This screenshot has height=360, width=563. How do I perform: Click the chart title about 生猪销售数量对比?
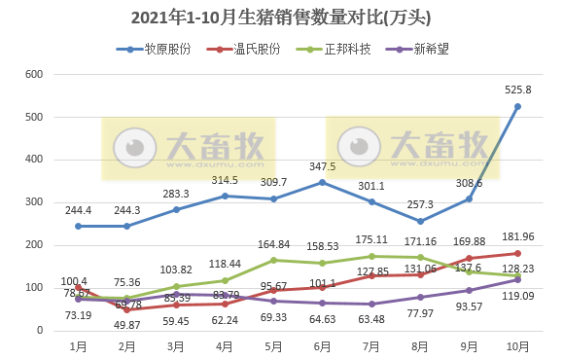tap(280, 18)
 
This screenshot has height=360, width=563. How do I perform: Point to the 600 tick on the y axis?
tap(34, 75)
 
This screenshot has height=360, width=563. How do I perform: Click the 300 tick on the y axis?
tap(34, 202)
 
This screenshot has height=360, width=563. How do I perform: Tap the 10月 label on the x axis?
tap(516, 346)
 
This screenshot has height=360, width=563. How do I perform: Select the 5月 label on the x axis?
tap(273, 346)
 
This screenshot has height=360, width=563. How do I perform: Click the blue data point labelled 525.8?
tap(517, 106)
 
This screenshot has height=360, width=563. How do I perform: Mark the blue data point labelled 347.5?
tap(323, 182)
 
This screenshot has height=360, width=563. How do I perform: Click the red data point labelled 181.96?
tap(517, 253)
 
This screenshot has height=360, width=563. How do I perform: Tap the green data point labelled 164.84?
tap(274, 260)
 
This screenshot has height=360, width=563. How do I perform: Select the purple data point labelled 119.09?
tap(517, 279)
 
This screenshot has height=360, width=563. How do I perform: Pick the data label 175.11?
tap(372, 239)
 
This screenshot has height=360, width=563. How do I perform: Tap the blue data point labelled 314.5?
tap(226, 196)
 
